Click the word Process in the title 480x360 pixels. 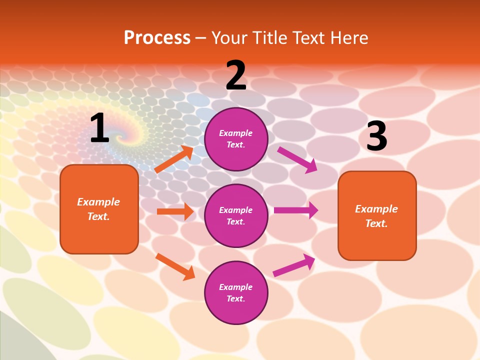click(157, 37)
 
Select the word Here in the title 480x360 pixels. click(348, 37)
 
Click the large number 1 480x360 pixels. click(99, 128)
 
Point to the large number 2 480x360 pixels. click(236, 75)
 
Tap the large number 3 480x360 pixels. click(376, 136)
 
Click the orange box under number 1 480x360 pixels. click(99, 209)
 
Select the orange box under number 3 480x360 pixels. click(377, 215)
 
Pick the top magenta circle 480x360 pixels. click(236, 139)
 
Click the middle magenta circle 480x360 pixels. click(236, 215)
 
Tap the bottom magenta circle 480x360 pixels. click(236, 292)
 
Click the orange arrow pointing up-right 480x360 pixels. click(174, 159)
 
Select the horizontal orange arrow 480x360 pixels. click(175, 211)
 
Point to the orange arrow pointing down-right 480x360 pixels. click(175, 266)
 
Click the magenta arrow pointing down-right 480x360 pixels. click(297, 159)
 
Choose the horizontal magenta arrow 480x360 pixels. click(295, 210)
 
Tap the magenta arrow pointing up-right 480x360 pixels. click(294, 265)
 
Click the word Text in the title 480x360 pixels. click(308, 37)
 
